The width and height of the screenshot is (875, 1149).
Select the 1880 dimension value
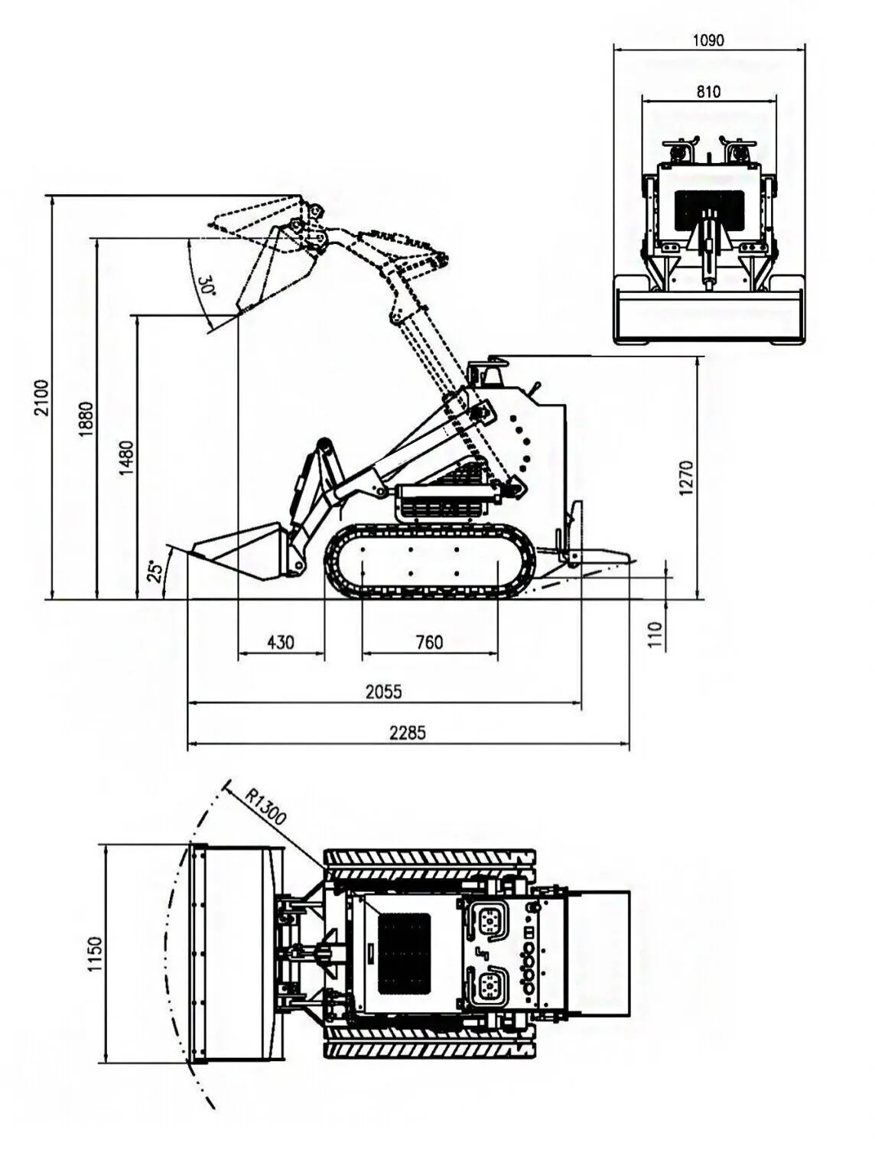[x=86, y=419]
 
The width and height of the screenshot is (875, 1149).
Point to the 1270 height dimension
[x=685, y=477]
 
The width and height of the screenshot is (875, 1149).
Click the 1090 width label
[x=708, y=40]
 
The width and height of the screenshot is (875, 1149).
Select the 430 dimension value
[x=281, y=642]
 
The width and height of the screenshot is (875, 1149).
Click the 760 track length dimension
[x=429, y=642]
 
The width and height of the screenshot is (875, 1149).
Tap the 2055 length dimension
[x=383, y=692]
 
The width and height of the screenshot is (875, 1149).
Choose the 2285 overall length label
[x=408, y=732]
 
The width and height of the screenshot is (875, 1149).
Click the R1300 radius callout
[x=265, y=806]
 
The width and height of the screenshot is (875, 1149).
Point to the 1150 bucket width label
[x=95, y=953]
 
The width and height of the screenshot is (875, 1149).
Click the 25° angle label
[x=155, y=571]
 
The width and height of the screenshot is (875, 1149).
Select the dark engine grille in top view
[x=405, y=952]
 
